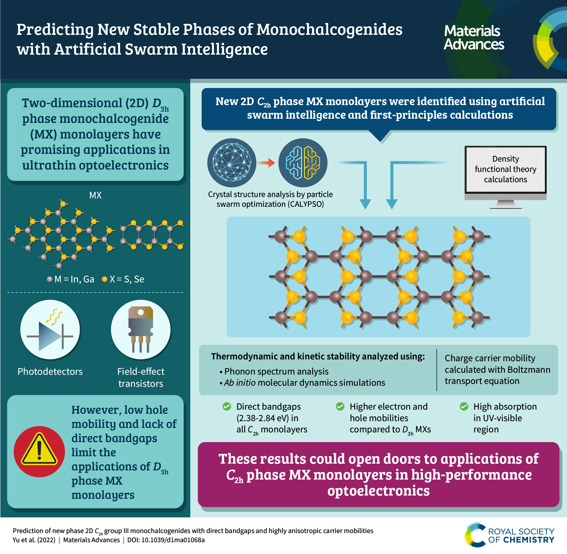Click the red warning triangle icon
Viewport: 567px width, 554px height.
[x=39, y=451]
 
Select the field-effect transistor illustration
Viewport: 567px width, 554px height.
[x=141, y=330]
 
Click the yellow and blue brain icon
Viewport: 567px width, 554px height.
[x=303, y=163]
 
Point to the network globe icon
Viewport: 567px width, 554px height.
[x=232, y=163]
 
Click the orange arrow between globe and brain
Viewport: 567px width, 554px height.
[x=266, y=162]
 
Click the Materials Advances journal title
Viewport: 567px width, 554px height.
[x=474, y=38]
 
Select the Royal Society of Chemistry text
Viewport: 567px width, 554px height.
[x=521, y=536]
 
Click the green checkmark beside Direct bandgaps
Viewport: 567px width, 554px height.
[x=227, y=406]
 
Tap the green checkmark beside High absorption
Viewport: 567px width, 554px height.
[x=464, y=406]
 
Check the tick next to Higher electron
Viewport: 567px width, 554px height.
[x=340, y=406]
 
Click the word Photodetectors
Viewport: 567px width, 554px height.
[x=50, y=371]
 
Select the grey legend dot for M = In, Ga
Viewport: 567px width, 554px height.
[x=50, y=279]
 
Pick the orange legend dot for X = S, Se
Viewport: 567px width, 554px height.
[x=104, y=279]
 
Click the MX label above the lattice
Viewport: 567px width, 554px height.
[x=95, y=195]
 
